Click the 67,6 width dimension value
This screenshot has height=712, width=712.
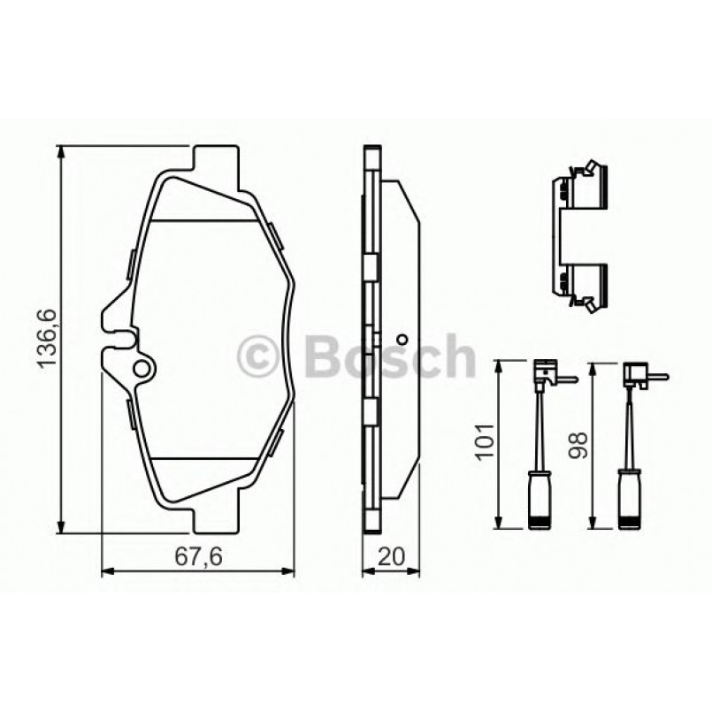click(x=197, y=556)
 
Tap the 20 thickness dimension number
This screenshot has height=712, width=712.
click(x=390, y=556)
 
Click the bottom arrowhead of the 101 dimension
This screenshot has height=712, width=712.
click(x=501, y=523)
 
